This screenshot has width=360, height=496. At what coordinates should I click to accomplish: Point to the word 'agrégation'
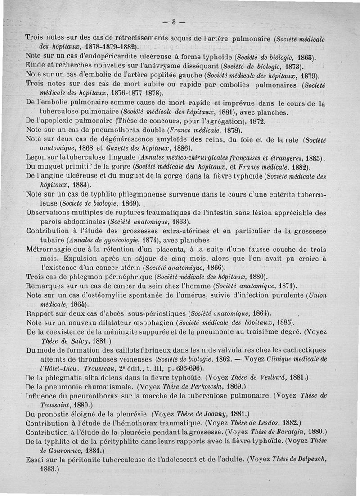210,122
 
